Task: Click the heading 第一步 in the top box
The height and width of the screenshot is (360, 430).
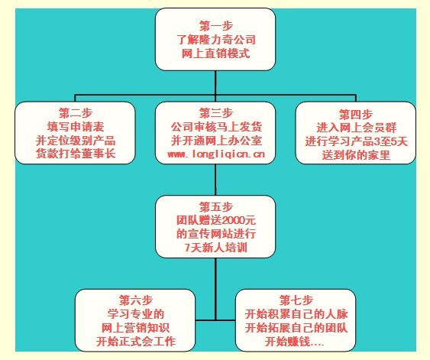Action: click(216, 26)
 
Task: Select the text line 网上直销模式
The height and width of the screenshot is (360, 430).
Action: click(215, 54)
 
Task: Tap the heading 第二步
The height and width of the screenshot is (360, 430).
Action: click(76, 113)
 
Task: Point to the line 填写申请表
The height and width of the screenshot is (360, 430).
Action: click(76, 127)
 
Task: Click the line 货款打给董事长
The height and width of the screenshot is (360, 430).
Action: click(76, 154)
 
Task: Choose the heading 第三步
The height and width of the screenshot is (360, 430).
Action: click(216, 113)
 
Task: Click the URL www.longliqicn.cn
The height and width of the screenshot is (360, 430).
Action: click(216, 154)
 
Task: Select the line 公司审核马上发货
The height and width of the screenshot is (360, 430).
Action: click(216, 127)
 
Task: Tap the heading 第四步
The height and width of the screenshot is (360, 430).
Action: click(356, 114)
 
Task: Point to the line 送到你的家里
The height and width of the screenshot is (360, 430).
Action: click(356, 155)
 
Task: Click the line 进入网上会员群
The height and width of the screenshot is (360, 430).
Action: click(356, 128)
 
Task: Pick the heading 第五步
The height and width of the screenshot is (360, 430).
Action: click(216, 207)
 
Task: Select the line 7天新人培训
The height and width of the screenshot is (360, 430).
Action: click(216, 248)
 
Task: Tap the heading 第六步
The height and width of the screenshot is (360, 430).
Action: click(135, 300)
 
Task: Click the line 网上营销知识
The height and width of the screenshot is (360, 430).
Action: click(135, 328)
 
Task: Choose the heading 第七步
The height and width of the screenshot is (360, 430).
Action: click(296, 300)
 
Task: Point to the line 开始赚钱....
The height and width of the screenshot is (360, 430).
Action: click(294, 342)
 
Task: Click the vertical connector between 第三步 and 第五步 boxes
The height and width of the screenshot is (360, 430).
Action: click(215, 180)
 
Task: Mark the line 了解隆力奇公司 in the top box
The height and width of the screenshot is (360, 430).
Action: click(216, 40)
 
